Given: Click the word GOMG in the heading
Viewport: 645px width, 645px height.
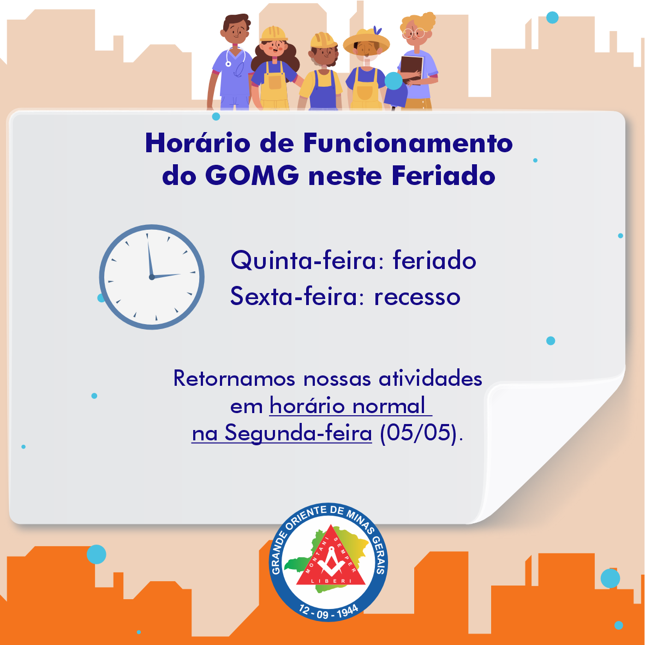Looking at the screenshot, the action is click(252, 176).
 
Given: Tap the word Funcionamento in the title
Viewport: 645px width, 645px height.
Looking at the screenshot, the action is click(408, 143).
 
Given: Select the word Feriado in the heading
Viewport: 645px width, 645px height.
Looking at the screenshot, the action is click(444, 176).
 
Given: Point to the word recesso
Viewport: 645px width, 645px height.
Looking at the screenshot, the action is click(417, 297).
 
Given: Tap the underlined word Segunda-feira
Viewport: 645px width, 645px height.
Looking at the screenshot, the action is click(298, 434).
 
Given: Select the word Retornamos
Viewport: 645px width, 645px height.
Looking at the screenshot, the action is click(234, 379).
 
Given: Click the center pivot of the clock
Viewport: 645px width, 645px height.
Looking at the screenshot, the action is click(152, 277).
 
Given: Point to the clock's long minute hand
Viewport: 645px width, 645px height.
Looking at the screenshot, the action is click(150, 255).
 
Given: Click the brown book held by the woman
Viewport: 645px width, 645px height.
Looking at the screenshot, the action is click(411, 69).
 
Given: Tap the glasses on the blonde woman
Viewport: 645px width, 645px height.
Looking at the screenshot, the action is click(414, 33).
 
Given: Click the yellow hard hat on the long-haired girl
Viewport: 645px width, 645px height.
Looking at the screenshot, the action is click(273, 34).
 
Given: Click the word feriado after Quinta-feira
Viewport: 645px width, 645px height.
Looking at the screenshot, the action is click(434, 261).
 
